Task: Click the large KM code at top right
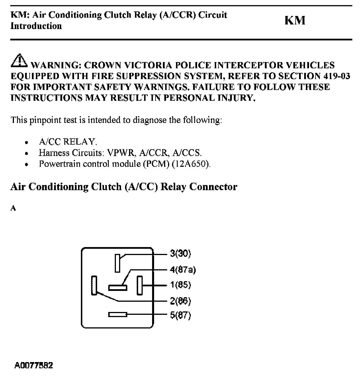coord(295,20)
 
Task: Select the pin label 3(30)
coord(180,253)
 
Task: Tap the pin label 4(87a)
coord(183,269)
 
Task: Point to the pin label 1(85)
coord(180,285)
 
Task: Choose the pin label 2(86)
coord(180,301)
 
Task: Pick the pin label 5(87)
coord(180,315)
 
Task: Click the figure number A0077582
coord(34,365)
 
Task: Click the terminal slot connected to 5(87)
coord(118,315)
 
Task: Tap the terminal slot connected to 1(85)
coord(140,285)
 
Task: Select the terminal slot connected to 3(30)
coord(117,263)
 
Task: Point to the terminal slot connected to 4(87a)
coord(118,288)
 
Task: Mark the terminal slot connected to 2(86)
coord(94,285)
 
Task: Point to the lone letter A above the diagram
coord(13,208)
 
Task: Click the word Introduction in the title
coord(36,26)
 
